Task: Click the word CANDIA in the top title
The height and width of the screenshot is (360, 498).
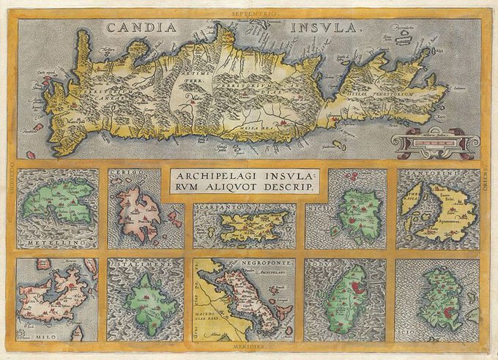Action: (141, 28)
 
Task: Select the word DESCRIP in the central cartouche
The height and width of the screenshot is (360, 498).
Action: (287, 189)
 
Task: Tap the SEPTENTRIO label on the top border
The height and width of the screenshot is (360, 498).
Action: (249, 13)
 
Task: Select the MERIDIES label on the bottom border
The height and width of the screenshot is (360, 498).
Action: (249, 348)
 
